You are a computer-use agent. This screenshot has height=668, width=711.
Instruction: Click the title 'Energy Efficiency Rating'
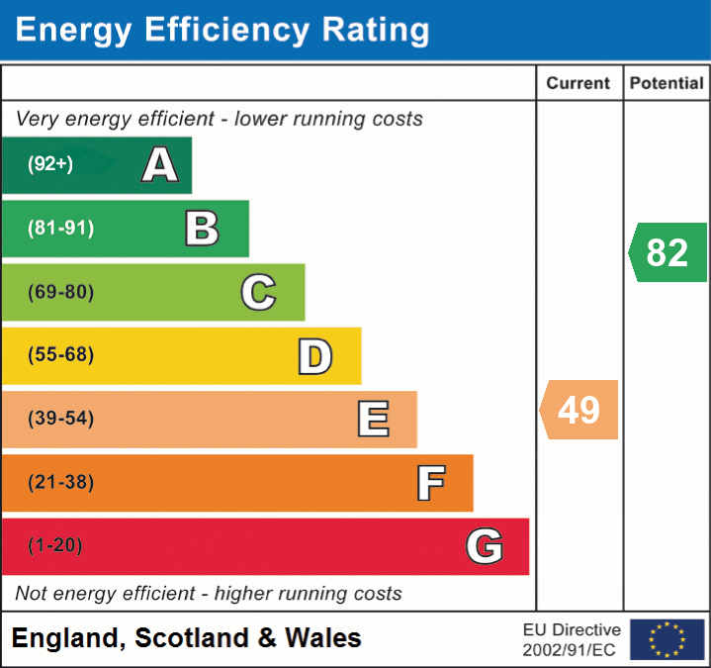222,30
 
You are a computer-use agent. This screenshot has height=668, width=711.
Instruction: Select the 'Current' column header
578,84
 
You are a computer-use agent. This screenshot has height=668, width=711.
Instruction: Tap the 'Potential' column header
667,84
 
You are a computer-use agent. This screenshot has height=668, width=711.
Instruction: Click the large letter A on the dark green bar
160,165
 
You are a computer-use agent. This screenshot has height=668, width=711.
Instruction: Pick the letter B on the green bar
202,229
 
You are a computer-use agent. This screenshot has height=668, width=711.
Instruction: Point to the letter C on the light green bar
258,292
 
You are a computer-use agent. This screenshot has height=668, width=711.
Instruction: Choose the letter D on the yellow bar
314,356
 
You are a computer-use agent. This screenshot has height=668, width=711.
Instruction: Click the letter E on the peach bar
373,420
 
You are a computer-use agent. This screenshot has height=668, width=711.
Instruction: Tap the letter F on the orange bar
430,483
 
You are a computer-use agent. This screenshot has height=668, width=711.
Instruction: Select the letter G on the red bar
485,546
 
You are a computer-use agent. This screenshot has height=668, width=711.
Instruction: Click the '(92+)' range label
50,165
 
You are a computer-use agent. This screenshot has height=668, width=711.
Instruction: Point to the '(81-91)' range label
61,229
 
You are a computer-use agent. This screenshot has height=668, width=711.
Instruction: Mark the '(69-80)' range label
61,292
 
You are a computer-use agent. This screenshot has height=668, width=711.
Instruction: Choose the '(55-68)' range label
61,355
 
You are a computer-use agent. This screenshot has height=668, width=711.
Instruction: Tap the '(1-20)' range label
55,545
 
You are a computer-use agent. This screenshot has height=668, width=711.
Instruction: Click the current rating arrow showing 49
579,410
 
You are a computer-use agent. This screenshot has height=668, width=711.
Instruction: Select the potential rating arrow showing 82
668,252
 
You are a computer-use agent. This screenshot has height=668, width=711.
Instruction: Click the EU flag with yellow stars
667,639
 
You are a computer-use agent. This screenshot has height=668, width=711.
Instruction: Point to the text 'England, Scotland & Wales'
187,638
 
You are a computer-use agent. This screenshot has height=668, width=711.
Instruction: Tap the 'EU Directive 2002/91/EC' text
572,639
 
